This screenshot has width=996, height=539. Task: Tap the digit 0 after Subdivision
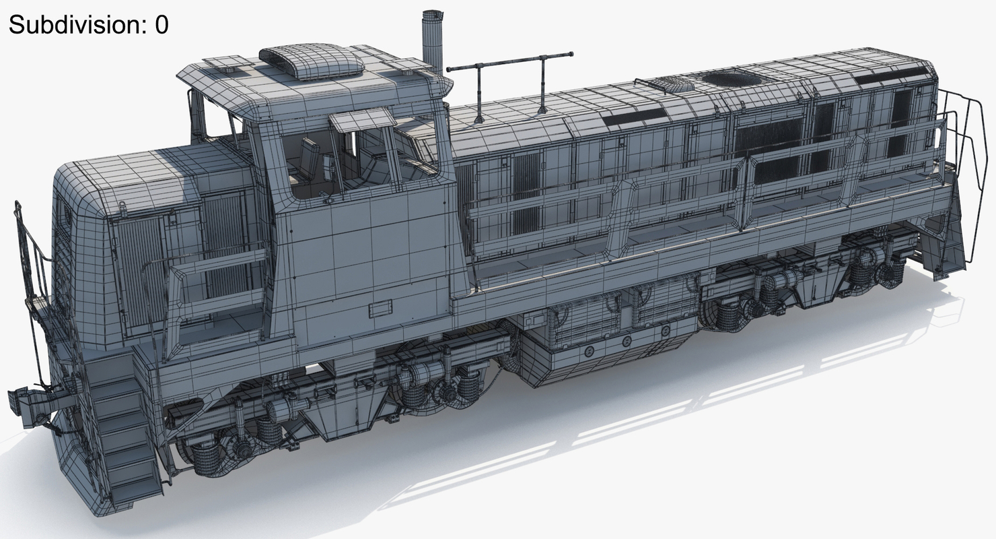pos(162,24)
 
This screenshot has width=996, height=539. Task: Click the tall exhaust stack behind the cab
pos(432,42)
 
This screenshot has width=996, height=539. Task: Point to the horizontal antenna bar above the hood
pos(509,62)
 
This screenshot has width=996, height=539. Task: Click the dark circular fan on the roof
pos(733,79)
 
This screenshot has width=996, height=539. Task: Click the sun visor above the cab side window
pos(362,119)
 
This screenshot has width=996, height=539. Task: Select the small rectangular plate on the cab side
pos(380,308)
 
